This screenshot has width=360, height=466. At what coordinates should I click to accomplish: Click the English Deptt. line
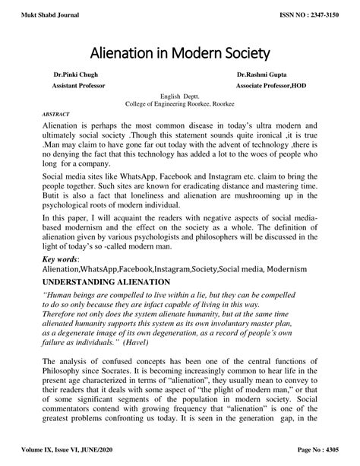pos(179,97)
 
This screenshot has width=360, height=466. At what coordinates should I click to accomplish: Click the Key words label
pos(62,259)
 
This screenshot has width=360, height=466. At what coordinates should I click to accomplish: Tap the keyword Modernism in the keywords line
pos(282,269)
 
